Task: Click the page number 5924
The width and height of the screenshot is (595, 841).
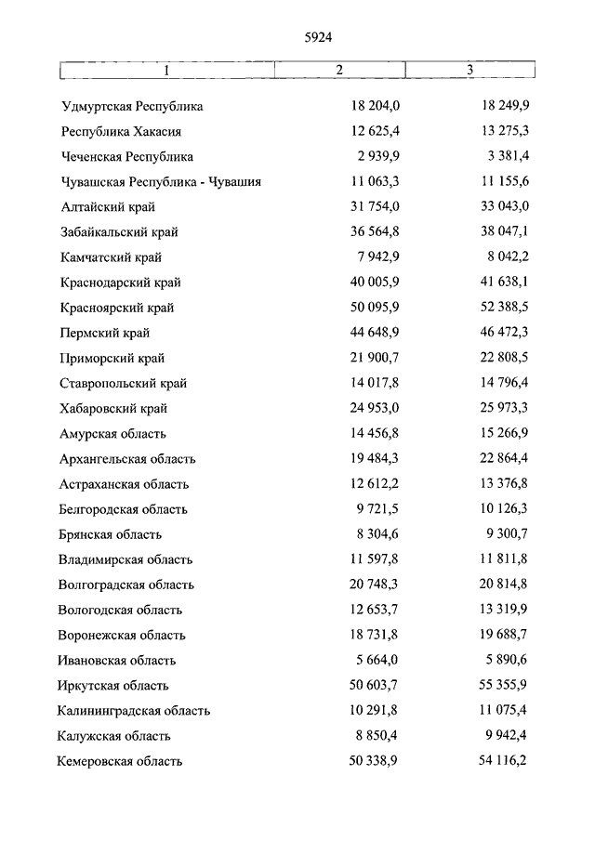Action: (318, 37)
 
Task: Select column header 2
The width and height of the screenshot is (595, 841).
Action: (339, 71)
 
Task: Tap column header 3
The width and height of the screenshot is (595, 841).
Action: (469, 71)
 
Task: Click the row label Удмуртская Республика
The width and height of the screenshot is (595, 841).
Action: (132, 106)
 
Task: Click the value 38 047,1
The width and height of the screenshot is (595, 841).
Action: (501, 231)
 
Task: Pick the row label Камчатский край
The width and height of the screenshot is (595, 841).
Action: (112, 257)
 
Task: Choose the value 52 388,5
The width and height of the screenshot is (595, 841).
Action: (501, 308)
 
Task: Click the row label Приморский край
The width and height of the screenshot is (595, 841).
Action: (113, 358)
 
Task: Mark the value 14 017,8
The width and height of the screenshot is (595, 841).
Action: (372, 383)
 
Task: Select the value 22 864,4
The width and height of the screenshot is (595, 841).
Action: (501, 458)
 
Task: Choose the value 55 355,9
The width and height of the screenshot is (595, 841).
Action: (501, 685)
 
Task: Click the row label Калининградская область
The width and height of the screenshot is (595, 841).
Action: (133, 711)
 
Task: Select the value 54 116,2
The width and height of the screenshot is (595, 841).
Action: (501, 761)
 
